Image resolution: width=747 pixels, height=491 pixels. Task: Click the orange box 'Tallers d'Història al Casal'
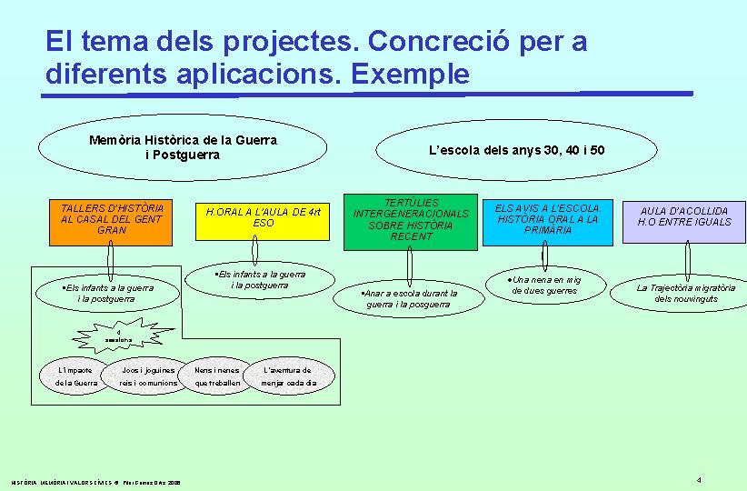[x=111, y=219]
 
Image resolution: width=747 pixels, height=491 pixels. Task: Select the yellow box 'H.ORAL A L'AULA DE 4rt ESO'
[x=263, y=217]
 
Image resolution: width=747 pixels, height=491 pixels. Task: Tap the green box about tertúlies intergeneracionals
[x=411, y=220]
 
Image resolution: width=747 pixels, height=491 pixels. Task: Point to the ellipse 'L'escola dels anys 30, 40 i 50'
[x=516, y=150]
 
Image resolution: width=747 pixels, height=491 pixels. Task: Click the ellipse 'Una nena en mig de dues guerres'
[x=543, y=286]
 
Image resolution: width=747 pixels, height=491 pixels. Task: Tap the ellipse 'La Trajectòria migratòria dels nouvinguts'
[x=686, y=293]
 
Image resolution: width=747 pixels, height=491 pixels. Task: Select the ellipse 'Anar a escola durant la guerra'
[x=411, y=298]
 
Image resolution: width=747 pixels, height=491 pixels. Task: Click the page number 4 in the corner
[x=699, y=479]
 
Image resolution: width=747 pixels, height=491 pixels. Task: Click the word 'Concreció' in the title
[x=414, y=41]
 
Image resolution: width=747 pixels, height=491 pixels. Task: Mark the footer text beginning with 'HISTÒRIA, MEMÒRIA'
[x=96, y=481]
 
